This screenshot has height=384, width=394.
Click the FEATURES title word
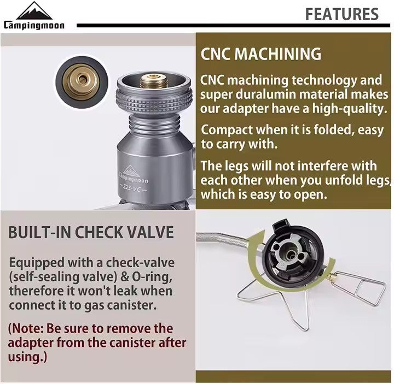[x=341, y=14]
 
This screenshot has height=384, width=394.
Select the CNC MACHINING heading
[x=261, y=54]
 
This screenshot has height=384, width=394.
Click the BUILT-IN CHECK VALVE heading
[x=91, y=232]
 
